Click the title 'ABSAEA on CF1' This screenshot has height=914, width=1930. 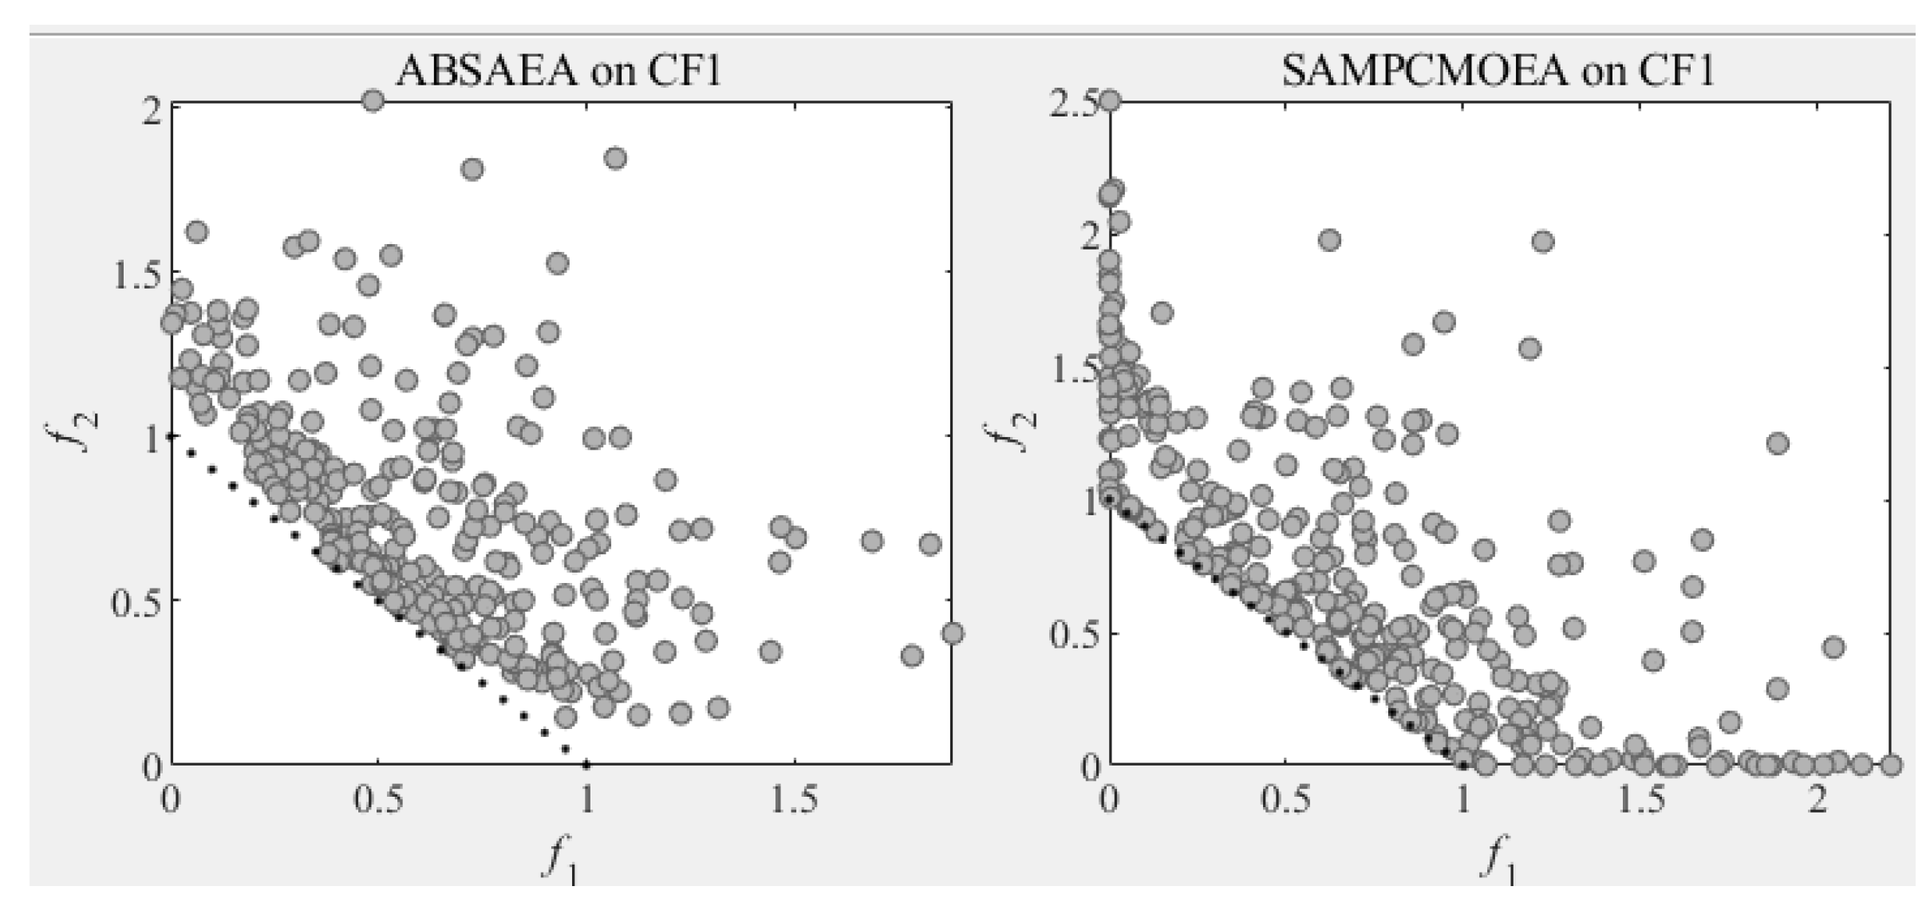click(558, 71)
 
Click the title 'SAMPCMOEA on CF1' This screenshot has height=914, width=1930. click(1498, 71)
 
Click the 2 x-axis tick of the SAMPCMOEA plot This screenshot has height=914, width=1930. click(1817, 800)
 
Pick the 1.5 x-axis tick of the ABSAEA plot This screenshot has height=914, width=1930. click(795, 800)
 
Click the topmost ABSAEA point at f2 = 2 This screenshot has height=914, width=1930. click(373, 100)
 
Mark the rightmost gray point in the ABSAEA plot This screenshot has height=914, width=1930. click(952, 633)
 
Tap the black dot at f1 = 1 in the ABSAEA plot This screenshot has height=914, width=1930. click(586, 765)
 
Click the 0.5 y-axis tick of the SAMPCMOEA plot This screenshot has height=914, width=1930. click(1074, 634)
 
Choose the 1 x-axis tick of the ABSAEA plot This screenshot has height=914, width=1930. click(586, 800)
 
